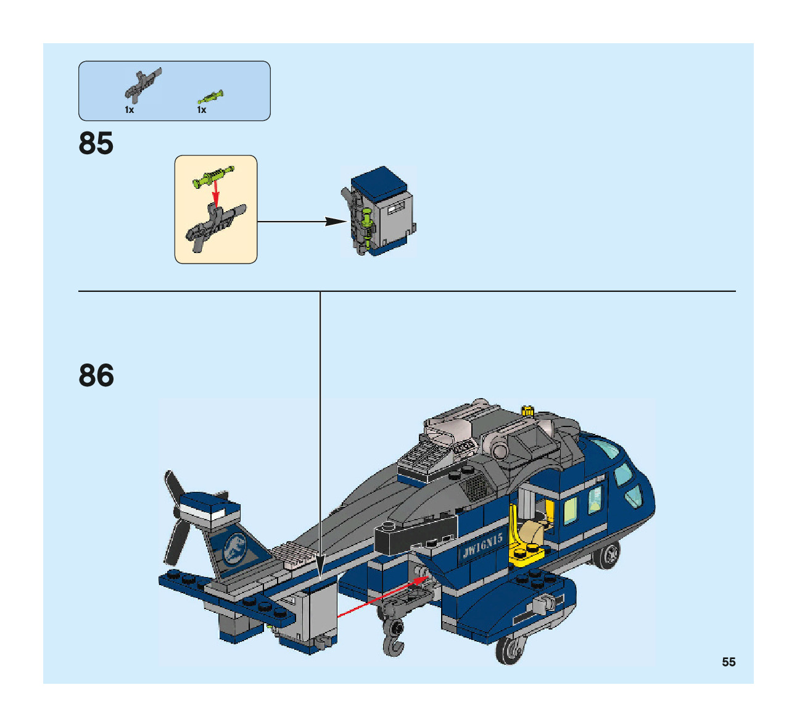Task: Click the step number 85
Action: click(x=96, y=143)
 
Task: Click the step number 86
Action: click(x=96, y=375)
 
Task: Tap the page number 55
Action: click(x=729, y=662)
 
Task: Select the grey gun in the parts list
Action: click(x=143, y=85)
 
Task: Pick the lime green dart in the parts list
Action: click(x=210, y=96)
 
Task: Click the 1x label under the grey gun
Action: click(x=129, y=110)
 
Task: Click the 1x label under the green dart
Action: click(x=201, y=110)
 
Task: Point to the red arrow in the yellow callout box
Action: click(x=215, y=195)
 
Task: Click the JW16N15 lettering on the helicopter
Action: click(x=482, y=546)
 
